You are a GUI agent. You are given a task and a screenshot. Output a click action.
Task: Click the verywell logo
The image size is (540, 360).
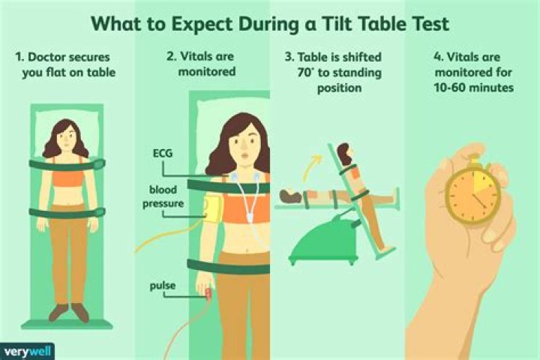(27, 352)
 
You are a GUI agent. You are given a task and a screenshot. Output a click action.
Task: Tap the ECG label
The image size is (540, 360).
(163, 153)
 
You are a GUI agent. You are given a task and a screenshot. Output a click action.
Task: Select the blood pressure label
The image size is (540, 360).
(163, 196)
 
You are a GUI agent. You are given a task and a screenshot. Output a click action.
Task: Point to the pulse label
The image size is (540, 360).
(163, 286)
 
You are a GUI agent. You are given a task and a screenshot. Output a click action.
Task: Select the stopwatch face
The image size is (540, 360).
(472, 194)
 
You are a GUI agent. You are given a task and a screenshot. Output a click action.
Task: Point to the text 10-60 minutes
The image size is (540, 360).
(473, 88)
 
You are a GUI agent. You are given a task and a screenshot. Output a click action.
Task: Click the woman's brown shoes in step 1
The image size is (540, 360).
(69, 312)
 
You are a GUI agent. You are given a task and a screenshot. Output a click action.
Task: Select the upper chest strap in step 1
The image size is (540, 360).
(67, 164)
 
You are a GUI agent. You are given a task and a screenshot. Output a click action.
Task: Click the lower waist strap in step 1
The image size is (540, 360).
(67, 212)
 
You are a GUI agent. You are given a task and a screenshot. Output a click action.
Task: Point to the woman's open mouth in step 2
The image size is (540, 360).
(244, 155)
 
